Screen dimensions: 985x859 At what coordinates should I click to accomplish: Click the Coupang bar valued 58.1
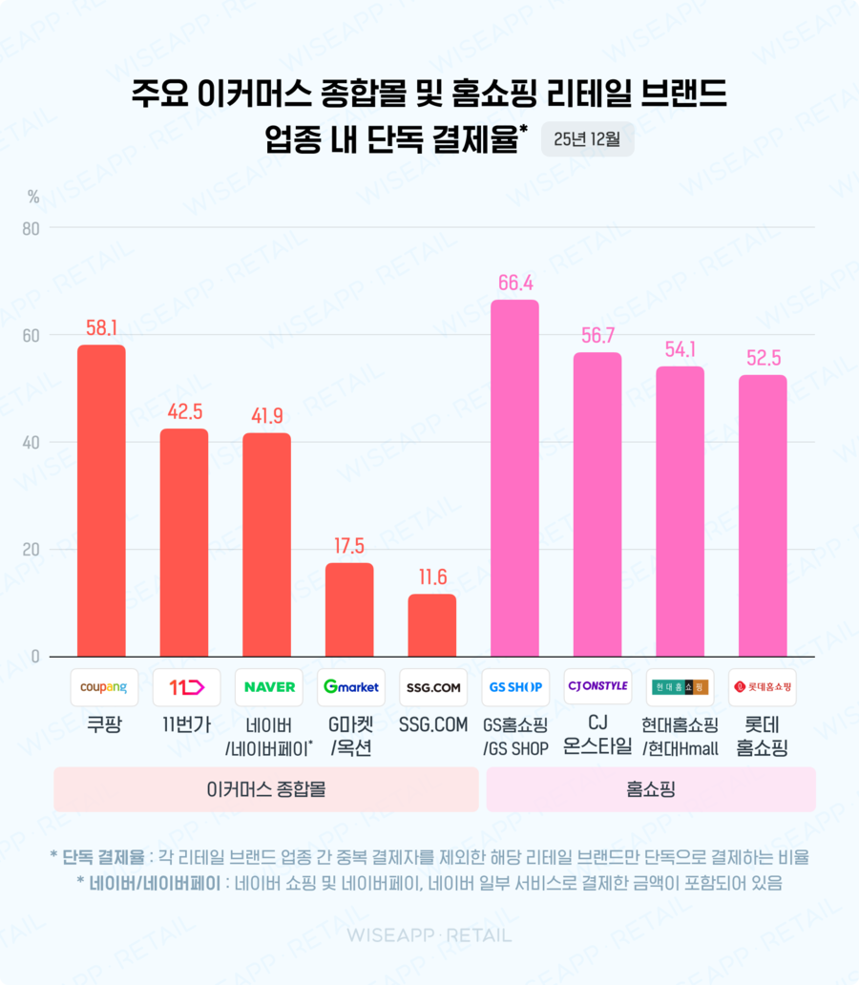pyautogui.click(x=101, y=500)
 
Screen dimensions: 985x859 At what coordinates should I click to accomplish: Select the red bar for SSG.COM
pyautogui.click(x=431, y=625)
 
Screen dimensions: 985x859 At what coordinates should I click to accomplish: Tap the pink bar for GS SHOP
pyautogui.click(x=514, y=478)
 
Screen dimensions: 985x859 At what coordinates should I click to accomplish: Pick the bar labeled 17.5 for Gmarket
pyautogui.click(x=349, y=610)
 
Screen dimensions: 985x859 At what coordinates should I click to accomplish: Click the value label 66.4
pyautogui.click(x=514, y=283)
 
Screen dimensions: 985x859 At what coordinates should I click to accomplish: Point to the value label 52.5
pyautogui.click(x=763, y=358)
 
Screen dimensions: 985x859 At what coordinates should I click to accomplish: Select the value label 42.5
pyautogui.click(x=183, y=411)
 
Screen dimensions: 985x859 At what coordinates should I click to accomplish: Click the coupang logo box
pyautogui.click(x=101, y=687)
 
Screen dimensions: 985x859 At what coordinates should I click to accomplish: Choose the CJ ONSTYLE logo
pyautogui.click(x=597, y=686)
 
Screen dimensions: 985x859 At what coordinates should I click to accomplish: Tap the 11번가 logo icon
pyautogui.click(x=184, y=687)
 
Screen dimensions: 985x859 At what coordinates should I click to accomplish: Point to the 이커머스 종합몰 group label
pyautogui.click(x=266, y=789)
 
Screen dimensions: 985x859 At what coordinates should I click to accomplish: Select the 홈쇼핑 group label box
pyautogui.click(x=651, y=789)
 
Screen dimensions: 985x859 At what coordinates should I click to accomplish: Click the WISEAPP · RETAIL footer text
pyautogui.click(x=429, y=935)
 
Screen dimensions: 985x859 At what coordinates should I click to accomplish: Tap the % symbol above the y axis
pyautogui.click(x=33, y=198)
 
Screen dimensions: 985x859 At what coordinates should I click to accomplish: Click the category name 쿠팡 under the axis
pyautogui.click(x=101, y=726)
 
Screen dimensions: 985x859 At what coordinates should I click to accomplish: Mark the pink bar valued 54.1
pyautogui.click(x=680, y=512)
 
